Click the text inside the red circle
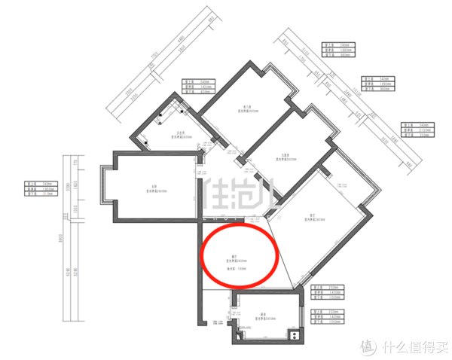(238, 259)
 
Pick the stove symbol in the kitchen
(294, 331)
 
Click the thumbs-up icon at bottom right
(368, 347)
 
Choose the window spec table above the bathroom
(194, 84)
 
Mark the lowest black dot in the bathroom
(148, 141)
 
